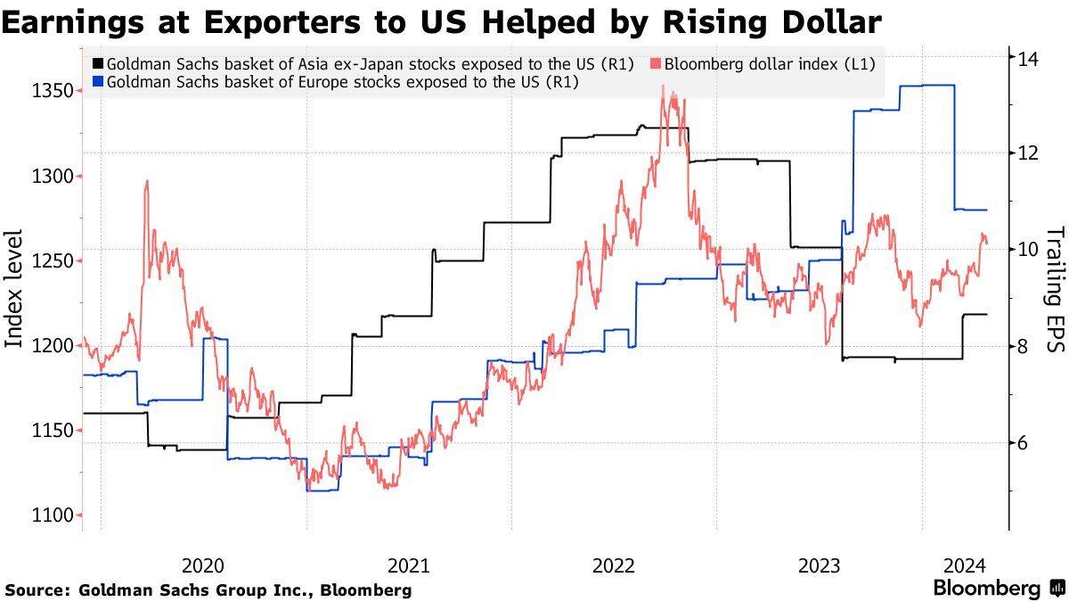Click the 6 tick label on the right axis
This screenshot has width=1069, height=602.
click(x=1025, y=443)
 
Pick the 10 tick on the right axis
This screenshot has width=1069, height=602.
click(x=1031, y=249)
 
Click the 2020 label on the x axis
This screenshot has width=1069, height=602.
click(x=203, y=565)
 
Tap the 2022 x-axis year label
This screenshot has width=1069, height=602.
click(x=613, y=565)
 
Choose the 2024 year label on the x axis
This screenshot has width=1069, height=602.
click(x=964, y=565)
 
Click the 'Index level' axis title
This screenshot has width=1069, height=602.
click(x=15, y=287)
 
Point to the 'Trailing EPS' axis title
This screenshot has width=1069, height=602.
click(x=1055, y=287)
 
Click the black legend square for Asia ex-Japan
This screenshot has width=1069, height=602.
click(x=97, y=64)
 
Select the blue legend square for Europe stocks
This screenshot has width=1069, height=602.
click(x=97, y=83)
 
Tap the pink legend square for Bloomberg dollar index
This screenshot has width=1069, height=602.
click(x=657, y=64)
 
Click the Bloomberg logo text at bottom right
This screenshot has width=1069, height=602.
click(x=987, y=589)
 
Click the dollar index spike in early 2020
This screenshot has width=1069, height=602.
click(x=146, y=181)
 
